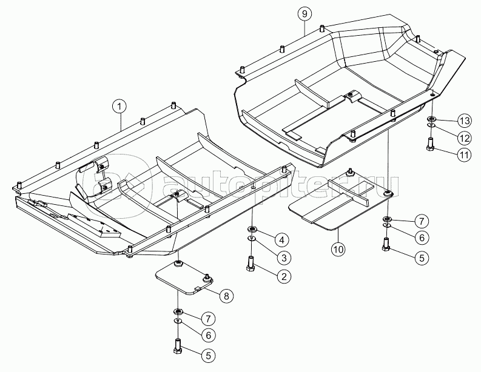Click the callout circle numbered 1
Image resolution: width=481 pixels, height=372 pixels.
pyautogui.click(x=119, y=107)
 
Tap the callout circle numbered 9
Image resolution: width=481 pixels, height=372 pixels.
pyautogui.click(x=304, y=14)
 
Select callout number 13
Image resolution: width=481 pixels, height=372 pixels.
pyautogui.click(x=465, y=121)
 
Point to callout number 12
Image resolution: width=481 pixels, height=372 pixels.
pyautogui.click(x=465, y=138)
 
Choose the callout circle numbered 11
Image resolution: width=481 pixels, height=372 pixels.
pyautogui.click(x=465, y=154)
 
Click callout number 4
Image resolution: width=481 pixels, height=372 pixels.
pyautogui.click(x=284, y=240)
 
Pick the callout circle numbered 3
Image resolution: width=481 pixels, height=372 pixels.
pyautogui.click(x=284, y=258)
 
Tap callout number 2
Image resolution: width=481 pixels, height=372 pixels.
pyautogui.click(x=284, y=276)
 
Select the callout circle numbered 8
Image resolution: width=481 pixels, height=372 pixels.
pyautogui.click(x=226, y=296)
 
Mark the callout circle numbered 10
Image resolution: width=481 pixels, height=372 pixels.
pyautogui.click(x=338, y=249)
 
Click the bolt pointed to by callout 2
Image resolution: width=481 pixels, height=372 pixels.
pyautogui.click(x=251, y=264)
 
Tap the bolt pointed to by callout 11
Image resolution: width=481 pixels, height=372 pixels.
pyautogui.click(x=431, y=145)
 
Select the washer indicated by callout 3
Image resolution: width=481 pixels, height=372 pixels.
pyautogui.click(x=252, y=238)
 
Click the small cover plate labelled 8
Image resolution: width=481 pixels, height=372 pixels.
pyautogui.click(x=184, y=277)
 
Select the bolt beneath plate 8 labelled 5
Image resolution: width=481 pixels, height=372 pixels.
pyautogui.click(x=178, y=347)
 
